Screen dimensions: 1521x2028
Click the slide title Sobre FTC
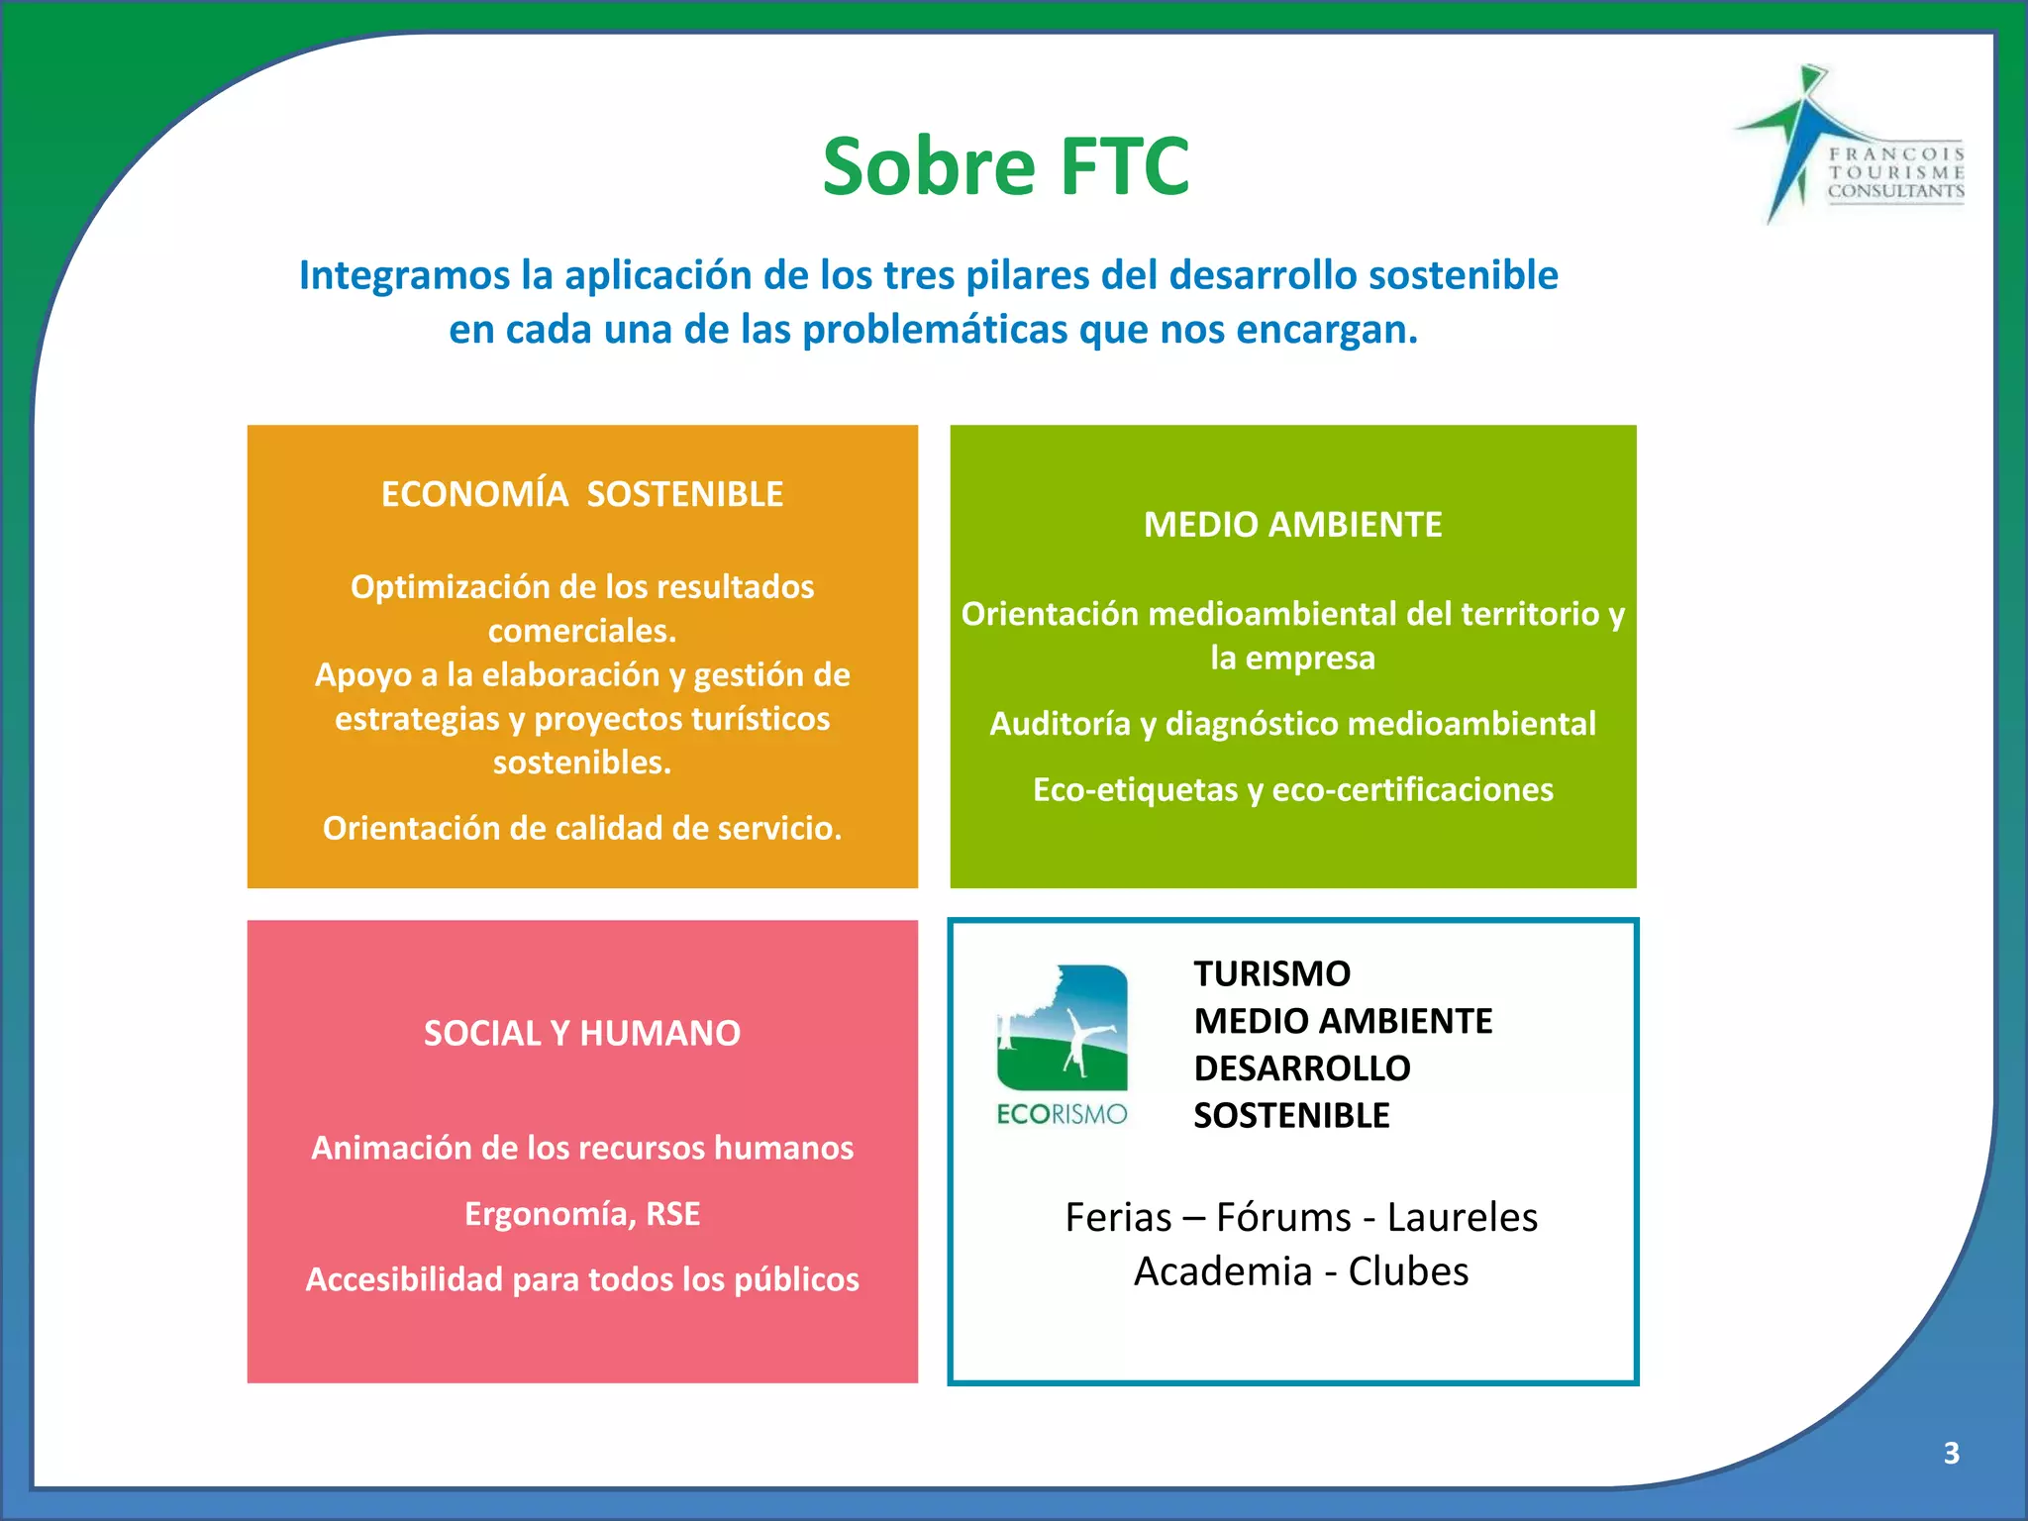pyautogui.click(x=1005, y=166)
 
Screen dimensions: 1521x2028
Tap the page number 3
pyautogui.click(x=1951, y=1453)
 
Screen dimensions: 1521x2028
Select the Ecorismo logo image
pyautogui.click(x=1062, y=1045)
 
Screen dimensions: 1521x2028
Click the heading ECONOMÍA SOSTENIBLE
pyautogui.click(x=582, y=494)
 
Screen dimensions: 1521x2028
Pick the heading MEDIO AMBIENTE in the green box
pyautogui.click(x=1292, y=525)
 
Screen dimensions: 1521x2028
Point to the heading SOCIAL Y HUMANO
pyautogui.click(x=582, y=1034)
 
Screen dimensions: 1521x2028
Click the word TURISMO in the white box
pyautogui.click(x=1271, y=974)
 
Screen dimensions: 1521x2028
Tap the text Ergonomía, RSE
pyautogui.click(x=582, y=1214)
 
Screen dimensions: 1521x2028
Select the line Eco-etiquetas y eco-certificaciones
pyautogui.click(x=1292, y=790)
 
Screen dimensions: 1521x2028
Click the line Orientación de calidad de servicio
pyautogui.click(x=582, y=829)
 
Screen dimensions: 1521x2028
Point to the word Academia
pyautogui.click(x=1222, y=1271)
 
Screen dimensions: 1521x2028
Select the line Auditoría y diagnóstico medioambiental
pyautogui.click(x=1292, y=724)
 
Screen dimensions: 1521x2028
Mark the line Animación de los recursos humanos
pyautogui.click(x=582, y=1148)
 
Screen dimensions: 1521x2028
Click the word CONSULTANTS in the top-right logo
pyautogui.click(x=1895, y=191)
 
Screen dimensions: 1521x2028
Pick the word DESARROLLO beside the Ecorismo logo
pyautogui.click(x=1301, y=1068)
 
